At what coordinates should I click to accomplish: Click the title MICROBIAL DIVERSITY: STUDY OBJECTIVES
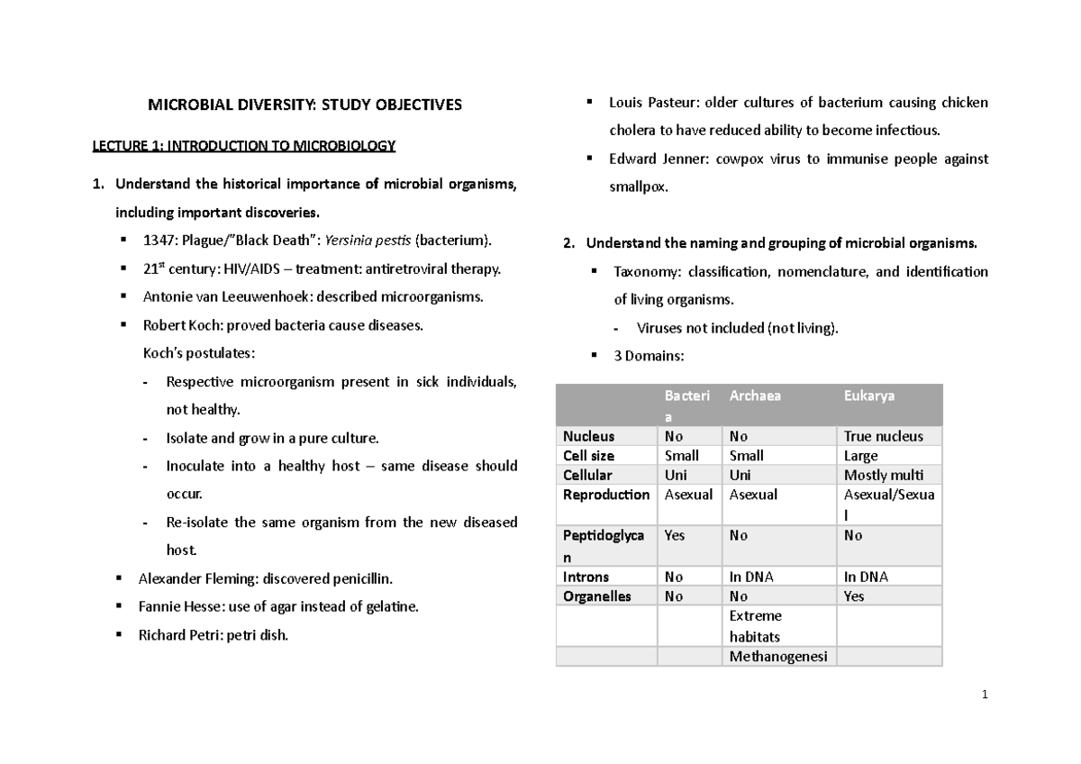[x=304, y=105]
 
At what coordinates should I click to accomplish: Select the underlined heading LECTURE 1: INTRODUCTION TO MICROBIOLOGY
[x=244, y=145]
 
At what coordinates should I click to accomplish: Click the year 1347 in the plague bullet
[x=158, y=241]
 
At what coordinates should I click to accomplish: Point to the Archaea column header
[x=755, y=396]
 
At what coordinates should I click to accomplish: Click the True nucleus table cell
[x=883, y=436]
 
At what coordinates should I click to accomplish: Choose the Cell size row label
[x=588, y=456]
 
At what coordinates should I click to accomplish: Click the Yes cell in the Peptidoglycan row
[x=674, y=535]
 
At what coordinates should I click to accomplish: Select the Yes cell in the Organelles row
[x=854, y=596]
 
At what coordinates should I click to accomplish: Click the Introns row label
[x=586, y=577]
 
